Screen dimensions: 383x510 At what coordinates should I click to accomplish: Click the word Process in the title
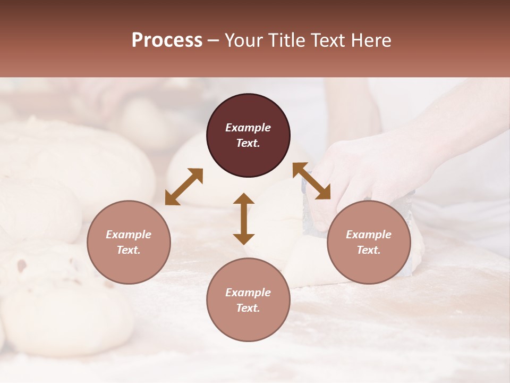point(167,40)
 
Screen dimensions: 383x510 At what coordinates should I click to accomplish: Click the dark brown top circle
point(248,112)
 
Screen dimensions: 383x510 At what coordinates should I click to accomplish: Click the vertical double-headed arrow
point(244,219)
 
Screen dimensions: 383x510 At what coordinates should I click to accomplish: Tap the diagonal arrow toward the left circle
point(184,187)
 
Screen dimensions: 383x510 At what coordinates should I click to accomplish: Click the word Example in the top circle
point(248,128)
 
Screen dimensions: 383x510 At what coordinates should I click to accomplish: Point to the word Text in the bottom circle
point(248,308)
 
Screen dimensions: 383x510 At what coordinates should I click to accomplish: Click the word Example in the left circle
point(129,235)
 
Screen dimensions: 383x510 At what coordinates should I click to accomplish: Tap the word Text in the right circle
point(369,250)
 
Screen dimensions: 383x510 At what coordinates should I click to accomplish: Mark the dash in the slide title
point(214,40)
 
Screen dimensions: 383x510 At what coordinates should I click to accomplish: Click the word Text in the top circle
point(248,143)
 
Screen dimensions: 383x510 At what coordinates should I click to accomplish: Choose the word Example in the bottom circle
point(248,293)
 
